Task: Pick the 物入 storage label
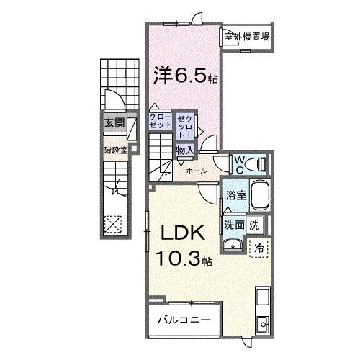point(185,150)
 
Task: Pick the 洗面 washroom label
point(233,224)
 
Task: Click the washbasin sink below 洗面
point(233,246)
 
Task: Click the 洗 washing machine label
point(255,224)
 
